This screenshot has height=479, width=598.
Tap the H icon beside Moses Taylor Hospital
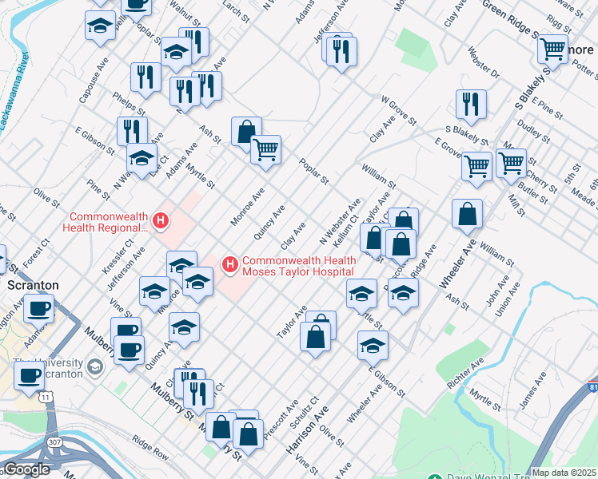point(230,263)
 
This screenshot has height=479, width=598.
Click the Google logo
point(26,469)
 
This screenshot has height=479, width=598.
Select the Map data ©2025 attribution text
point(564,473)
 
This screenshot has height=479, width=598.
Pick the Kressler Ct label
point(113,257)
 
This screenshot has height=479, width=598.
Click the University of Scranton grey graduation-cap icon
point(95,367)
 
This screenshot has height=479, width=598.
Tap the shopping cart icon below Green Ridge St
point(552,49)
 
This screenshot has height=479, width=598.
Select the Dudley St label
point(531,125)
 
